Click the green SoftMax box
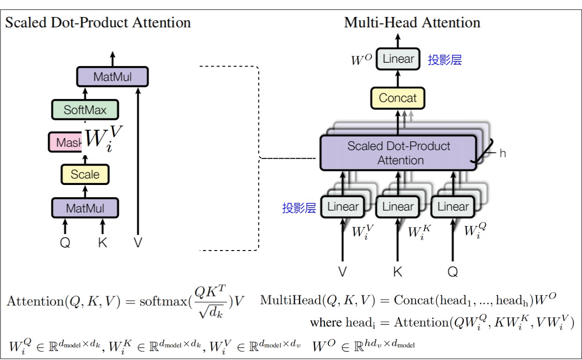(x=85, y=110)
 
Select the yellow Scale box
(x=85, y=175)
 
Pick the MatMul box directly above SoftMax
(x=112, y=77)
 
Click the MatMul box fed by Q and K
(x=85, y=208)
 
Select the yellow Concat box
(x=398, y=98)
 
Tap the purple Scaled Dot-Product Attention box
(x=399, y=153)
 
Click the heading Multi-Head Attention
(x=412, y=23)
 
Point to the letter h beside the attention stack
(x=502, y=153)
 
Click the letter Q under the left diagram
(x=65, y=243)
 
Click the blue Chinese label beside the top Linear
(x=445, y=60)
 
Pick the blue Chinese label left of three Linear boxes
(x=299, y=208)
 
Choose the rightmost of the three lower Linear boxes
(x=453, y=207)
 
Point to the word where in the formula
(x=325, y=323)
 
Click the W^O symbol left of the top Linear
(x=361, y=60)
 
